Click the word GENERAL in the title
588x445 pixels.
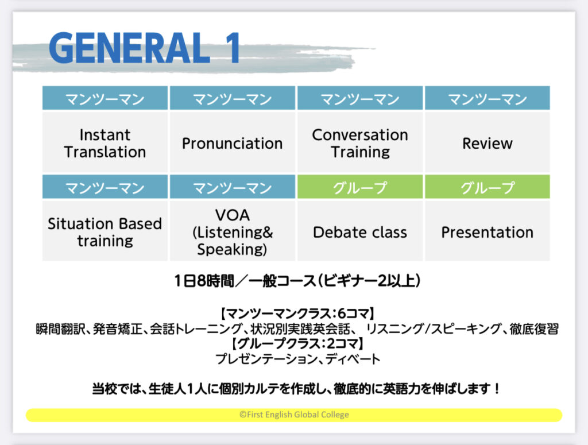click(129, 48)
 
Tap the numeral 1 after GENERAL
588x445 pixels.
click(233, 48)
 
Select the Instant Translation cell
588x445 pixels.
click(105, 142)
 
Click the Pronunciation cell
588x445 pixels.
click(233, 142)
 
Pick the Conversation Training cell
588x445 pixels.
click(360, 142)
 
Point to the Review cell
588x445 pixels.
click(488, 142)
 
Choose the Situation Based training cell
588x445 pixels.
click(105, 231)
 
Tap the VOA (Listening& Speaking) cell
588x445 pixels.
click(233, 231)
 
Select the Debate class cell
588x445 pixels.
click(360, 231)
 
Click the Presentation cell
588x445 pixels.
click(488, 231)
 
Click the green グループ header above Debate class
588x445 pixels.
click(360, 187)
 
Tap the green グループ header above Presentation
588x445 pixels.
click(488, 187)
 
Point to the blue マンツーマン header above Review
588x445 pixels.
click(488, 98)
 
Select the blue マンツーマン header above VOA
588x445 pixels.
click(233, 187)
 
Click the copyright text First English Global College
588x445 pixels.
click(295, 415)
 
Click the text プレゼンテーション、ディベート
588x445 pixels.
click(298, 359)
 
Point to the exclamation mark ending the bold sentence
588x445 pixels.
click(497, 388)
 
